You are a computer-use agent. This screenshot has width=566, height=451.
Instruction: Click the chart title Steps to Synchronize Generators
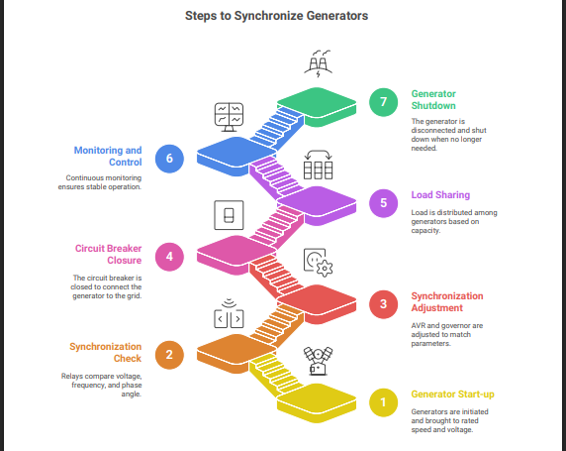[276, 16]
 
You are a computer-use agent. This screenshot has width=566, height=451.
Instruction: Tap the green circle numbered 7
[383, 102]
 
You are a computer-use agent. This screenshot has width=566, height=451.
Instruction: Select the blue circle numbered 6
[169, 159]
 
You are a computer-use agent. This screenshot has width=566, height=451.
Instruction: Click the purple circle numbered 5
[383, 203]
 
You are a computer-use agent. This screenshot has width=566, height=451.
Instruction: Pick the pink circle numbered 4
[169, 257]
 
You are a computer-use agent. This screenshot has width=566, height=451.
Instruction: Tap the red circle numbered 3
[383, 304]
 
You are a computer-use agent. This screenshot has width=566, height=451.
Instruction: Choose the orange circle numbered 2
[169, 355]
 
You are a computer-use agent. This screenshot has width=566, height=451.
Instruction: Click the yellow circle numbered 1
[383, 402]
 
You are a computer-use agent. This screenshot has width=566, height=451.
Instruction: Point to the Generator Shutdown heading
[433, 99]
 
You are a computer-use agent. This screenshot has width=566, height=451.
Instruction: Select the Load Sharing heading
[440, 195]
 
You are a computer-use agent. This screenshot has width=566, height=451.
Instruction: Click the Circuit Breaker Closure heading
[108, 255]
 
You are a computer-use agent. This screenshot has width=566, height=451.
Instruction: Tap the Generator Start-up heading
[452, 395]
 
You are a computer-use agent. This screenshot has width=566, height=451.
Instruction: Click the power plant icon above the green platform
[318, 63]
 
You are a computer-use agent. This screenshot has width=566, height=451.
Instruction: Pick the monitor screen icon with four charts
[229, 117]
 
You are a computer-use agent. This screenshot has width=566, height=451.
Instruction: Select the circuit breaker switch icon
[229, 215]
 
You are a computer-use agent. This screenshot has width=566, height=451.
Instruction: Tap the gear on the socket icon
[325, 269]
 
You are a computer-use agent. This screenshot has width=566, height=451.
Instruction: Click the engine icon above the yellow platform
[318, 361]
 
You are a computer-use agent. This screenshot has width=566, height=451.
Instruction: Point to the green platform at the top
[317, 107]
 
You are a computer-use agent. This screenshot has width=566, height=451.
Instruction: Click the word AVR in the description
[418, 325]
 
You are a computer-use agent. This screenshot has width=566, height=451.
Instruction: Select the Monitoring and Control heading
[108, 156]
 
